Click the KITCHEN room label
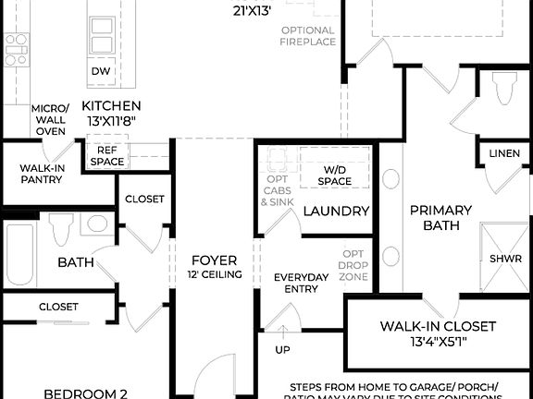[111, 105]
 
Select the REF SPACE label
[106, 155]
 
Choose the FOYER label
[214, 260]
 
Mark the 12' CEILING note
[214, 274]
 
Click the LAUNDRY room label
[337, 212]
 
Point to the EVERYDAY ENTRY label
[301, 284]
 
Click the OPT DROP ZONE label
[353, 265]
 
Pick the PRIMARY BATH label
[440, 217]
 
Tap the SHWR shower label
[505, 259]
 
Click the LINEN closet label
[504, 153]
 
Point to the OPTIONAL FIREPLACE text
[307, 36]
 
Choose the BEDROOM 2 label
[86, 393]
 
